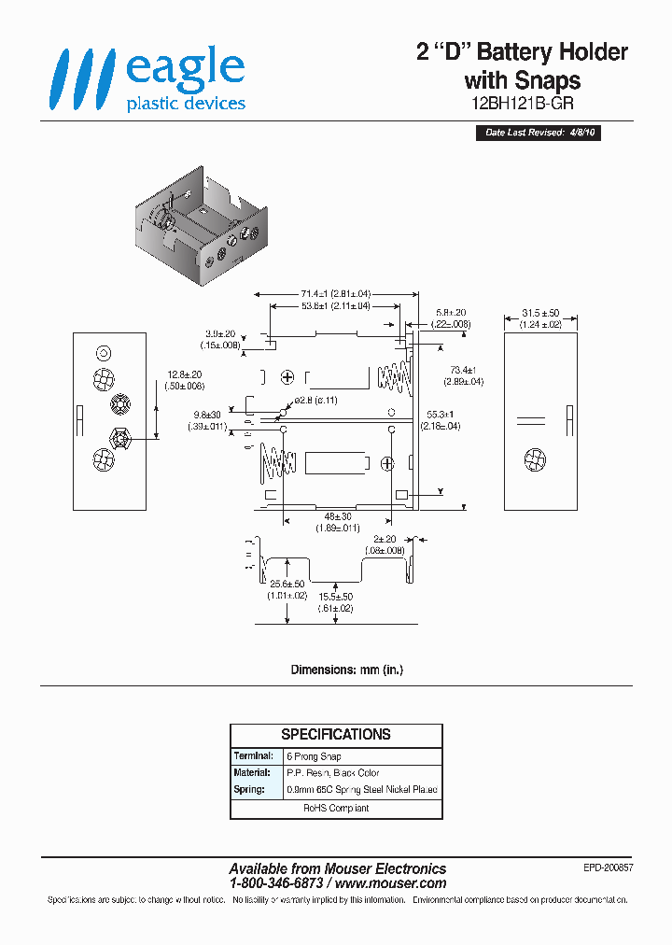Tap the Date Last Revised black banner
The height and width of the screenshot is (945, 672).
click(x=540, y=133)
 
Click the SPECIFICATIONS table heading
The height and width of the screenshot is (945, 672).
click(x=336, y=735)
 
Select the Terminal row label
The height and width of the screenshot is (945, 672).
click(x=253, y=755)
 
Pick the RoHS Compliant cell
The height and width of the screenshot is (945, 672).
click(x=336, y=808)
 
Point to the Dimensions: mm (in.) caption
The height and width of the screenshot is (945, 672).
click(x=347, y=670)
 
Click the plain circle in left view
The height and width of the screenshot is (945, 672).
click(x=104, y=353)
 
